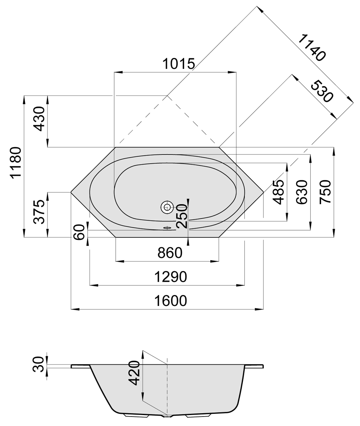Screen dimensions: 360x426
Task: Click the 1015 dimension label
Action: point(178,64)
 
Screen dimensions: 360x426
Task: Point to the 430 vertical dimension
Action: point(39,119)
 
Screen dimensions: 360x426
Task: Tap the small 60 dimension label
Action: point(80,232)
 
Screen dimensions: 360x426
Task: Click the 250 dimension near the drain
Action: point(182,216)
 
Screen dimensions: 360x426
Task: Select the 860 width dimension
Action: point(170,253)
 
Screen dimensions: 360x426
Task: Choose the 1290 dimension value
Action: point(171,277)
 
